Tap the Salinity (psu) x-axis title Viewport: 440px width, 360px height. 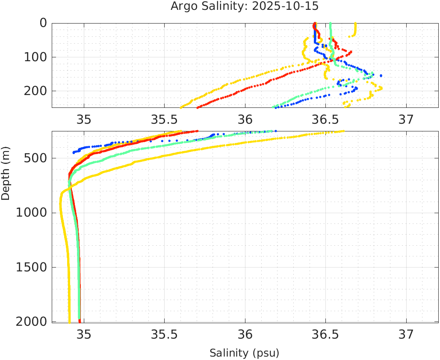click(244, 353)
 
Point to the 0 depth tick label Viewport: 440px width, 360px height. click(43, 23)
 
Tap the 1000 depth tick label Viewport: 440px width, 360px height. click(31, 213)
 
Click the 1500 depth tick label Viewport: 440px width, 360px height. click(31, 267)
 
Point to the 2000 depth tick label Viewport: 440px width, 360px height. click(31, 322)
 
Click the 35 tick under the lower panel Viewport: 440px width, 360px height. click(84, 334)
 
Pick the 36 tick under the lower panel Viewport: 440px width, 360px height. click(245, 334)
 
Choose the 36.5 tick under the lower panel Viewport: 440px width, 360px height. click(326, 334)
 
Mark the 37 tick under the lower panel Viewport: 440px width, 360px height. click(406, 334)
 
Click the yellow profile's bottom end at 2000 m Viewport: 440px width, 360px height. click(69, 321)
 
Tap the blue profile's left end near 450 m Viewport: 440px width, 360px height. click(74, 152)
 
